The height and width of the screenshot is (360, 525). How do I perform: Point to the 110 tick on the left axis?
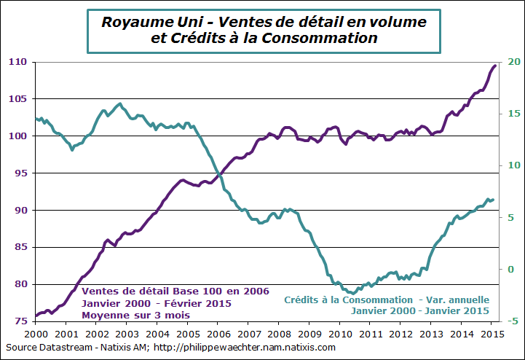18,62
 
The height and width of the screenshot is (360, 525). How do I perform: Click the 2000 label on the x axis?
36,332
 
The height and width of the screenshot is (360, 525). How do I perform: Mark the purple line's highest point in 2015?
495,66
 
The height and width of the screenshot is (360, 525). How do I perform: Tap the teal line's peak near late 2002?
120,104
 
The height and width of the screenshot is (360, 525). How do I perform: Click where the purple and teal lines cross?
218,173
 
